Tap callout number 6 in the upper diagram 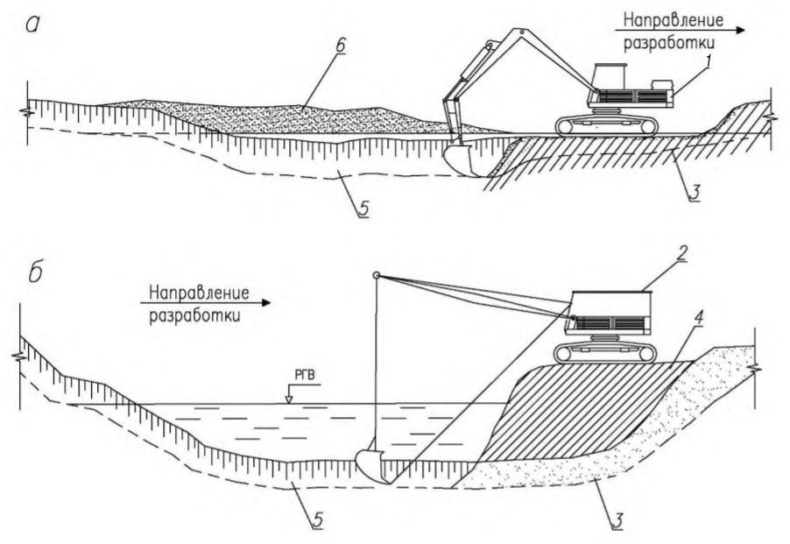coord(340,45)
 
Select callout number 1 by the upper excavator coord(708,62)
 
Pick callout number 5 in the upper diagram coord(363,208)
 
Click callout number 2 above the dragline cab coord(681,253)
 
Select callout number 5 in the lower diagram coord(317,520)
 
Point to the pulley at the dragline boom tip coord(376,275)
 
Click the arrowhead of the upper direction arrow coord(741,30)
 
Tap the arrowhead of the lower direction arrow coord(265,303)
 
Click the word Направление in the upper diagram coord(674,20)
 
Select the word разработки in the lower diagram coord(194,317)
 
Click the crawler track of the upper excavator coord(607,126)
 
